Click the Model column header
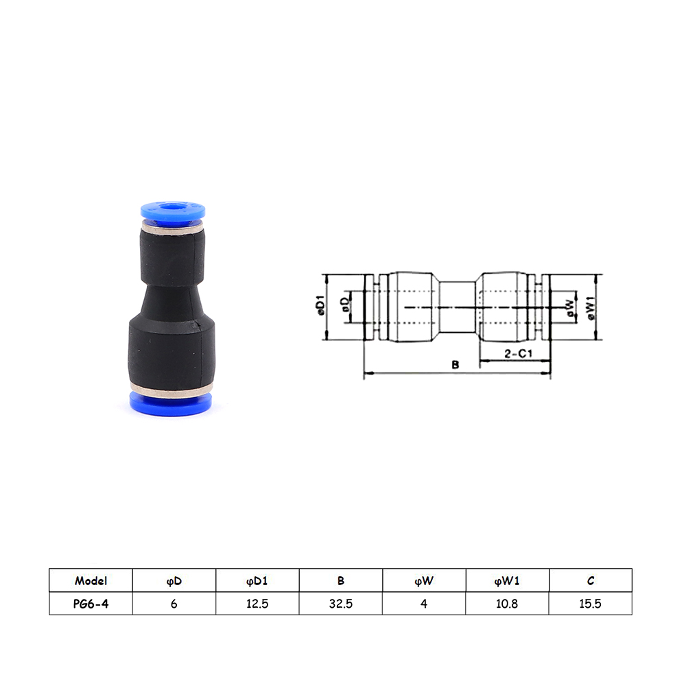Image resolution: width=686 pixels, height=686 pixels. click(x=91, y=580)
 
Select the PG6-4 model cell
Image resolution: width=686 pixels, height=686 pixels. click(x=91, y=604)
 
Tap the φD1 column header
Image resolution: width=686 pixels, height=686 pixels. click(x=257, y=580)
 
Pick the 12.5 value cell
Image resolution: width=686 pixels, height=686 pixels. click(x=257, y=604)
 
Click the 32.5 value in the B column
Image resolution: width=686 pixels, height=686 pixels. click(x=341, y=604)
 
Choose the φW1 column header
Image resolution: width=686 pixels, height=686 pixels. click(x=507, y=580)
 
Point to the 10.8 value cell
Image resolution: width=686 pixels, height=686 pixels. click(x=507, y=604)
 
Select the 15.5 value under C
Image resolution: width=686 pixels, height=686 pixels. click(x=590, y=604)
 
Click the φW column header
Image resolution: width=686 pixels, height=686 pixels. click(x=424, y=580)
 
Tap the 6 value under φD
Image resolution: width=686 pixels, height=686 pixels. click(x=174, y=604)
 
